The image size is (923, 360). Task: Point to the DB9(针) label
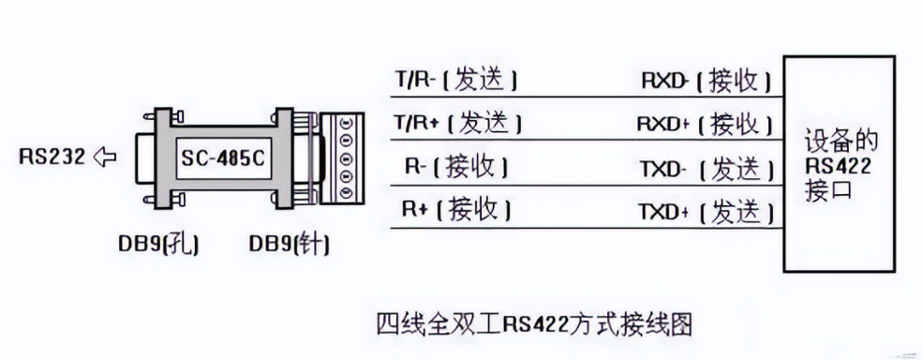pos(290,245)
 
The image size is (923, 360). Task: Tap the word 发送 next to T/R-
pos(481,81)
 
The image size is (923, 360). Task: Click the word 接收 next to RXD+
pos(736,124)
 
